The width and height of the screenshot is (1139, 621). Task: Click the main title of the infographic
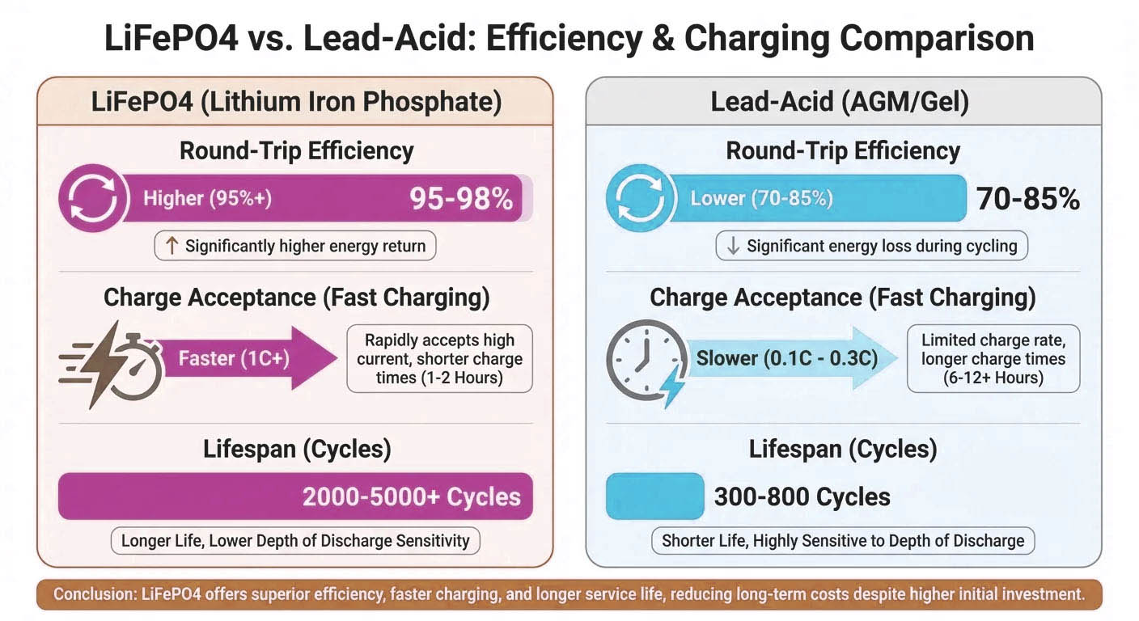(x=569, y=37)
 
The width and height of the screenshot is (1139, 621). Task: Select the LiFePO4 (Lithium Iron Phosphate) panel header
(x=295, y=103)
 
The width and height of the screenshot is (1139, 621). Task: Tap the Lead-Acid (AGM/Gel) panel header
(x=843, y=103)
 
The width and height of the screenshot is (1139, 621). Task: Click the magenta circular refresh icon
(x=93, y=199)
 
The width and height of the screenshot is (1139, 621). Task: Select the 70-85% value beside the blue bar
(x=1027, y=199)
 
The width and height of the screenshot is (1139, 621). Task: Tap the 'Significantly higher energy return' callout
(x=295, y=247)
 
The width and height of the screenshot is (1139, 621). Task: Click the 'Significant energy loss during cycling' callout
(x=871, y=247)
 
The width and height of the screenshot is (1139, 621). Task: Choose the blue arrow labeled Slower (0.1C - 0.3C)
(x=793, y=358)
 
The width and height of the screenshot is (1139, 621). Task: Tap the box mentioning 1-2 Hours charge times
(x=439, y=358)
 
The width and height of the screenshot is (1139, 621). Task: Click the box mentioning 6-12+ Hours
(x=993, y=358)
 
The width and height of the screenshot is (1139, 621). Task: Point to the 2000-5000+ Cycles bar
(x=295, y=496)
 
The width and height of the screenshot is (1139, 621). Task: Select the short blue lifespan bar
(x=654, y=496)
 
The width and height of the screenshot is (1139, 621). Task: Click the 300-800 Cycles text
(x=802, y=496)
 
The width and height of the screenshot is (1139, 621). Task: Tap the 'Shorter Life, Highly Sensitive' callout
(x=843, y=541)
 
